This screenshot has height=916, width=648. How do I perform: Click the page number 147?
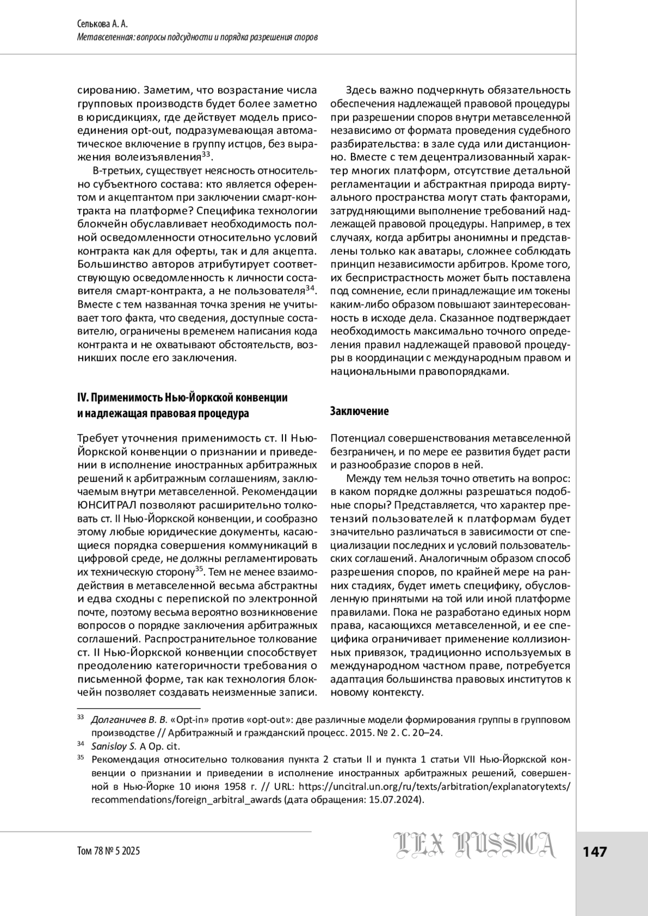(595, 851)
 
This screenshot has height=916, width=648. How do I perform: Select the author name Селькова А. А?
(100, 25)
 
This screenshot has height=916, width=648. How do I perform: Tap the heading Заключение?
(359, 411)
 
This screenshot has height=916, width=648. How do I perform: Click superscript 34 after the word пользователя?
(310, 289)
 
